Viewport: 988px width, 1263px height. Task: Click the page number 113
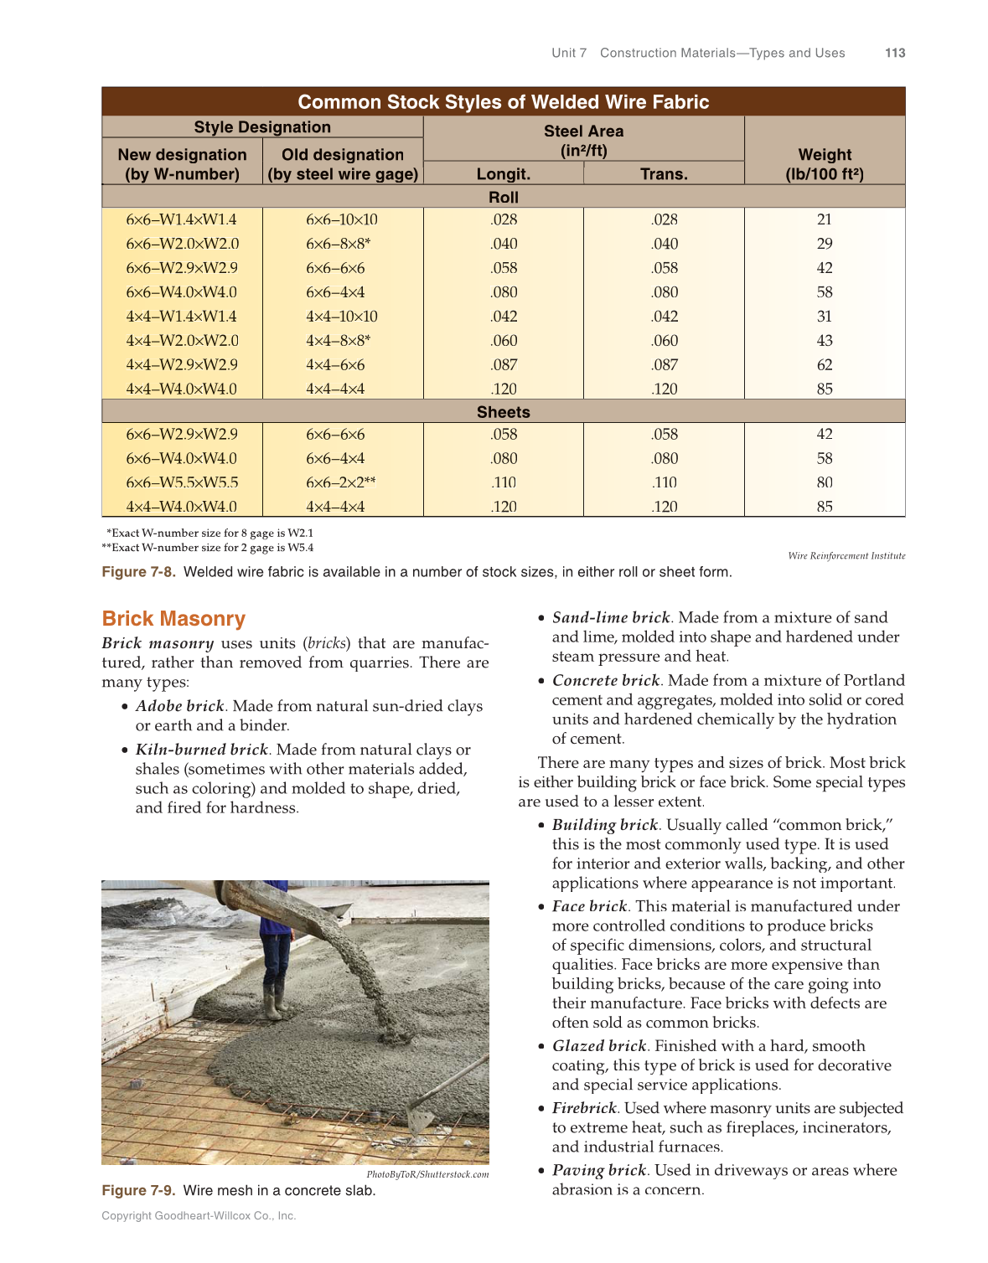click(895, 53)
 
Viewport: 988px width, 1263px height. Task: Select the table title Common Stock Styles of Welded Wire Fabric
click(503, 102)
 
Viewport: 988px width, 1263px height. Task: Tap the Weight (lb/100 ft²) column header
click(824, 164)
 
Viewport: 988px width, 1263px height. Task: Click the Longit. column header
click(503, 174)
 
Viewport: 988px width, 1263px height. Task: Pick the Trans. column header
click(664, 174)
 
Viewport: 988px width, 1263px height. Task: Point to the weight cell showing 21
click(825, 219)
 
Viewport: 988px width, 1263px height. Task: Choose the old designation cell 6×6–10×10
click(342, 219)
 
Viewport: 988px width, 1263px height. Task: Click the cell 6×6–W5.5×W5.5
click(182, 482)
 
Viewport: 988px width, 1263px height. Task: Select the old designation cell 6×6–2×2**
click(341, 482)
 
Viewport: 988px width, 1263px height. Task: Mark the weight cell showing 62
click(825, 365)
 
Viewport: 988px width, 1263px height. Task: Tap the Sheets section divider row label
click(503, 412)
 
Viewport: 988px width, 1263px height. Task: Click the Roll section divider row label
click(503, 198)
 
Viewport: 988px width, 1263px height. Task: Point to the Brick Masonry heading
click(173, 619)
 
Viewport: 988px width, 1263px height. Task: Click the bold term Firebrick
click(584, 1108)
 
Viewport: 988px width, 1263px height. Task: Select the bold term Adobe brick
click(179, 706)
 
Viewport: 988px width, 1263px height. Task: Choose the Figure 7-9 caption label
click(138, 1190)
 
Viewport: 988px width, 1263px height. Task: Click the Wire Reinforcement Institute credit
click(846, 556)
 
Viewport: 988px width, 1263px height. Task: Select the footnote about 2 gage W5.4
click(208, 548)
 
